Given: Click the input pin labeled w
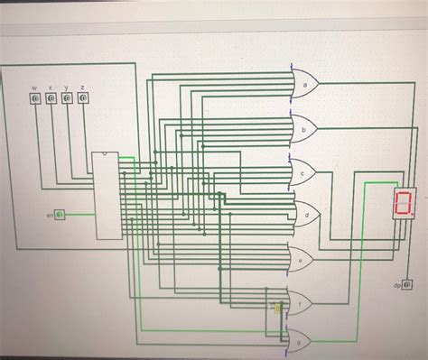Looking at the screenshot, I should [34, 100].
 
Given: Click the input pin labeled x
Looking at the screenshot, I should [51, 100].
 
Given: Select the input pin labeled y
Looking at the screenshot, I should [67, 100].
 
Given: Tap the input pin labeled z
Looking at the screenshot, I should [83, 100].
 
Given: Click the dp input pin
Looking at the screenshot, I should [406, 285].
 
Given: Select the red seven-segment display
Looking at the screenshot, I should [405, 204].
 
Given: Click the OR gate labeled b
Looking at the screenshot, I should [304, 129].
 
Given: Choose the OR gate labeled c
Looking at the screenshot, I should [304, 171].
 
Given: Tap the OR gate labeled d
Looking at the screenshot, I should [305, 215].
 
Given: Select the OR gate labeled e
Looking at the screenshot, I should [300, 258].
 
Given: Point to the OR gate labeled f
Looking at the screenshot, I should [298, 301].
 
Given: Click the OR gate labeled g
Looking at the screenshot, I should [298, 340].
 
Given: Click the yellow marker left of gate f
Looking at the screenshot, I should [278, 309].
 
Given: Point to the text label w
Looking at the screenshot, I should [34, 88].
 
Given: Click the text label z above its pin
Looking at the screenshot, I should [83, 88].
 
